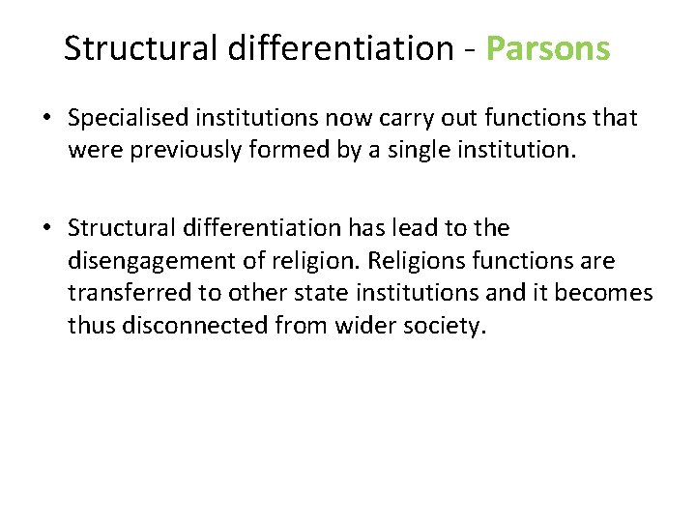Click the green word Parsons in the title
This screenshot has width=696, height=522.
coord(548,47)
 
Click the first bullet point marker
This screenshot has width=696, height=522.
coord(46,119)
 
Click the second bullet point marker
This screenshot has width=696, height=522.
coord(46,229)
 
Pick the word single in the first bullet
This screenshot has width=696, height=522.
coord(443,152)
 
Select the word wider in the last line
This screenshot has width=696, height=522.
coord(361,327)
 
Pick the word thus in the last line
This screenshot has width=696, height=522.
coord(90,327)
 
